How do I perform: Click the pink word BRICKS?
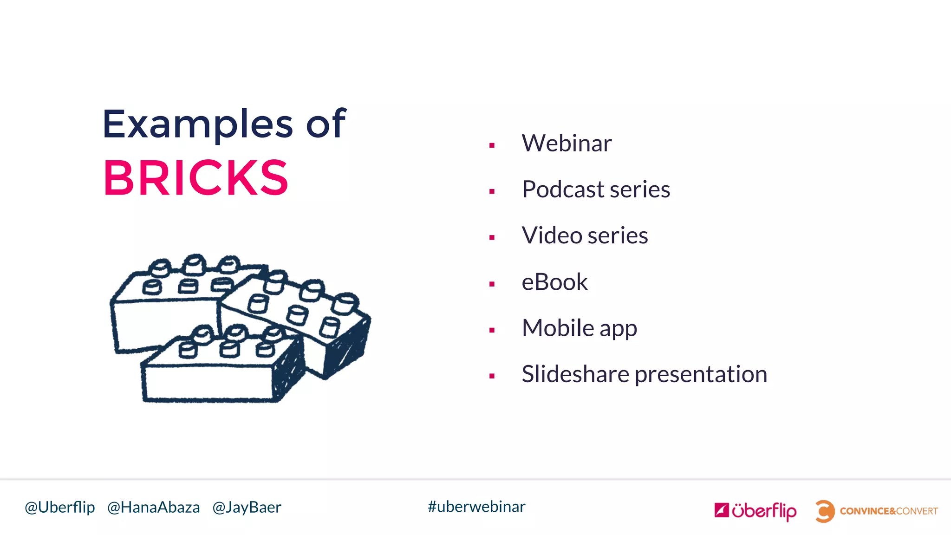tap(195, 178)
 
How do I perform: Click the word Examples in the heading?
tap(197, 124)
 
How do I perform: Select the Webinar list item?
tap(567, 143)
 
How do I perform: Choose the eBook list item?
tap(554, 282)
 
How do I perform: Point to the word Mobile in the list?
tap(558, 328)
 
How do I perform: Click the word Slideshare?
tap(575, 374)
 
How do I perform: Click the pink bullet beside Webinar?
tap(492, 145)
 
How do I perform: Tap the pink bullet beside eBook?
tap(492, 284)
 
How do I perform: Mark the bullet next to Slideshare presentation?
tap(492, 376)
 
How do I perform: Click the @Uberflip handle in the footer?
tap(59, 507)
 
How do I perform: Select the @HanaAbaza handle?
tap(153, 507)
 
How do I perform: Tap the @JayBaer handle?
tap(247, 507)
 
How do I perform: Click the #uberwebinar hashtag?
tap(476, 507)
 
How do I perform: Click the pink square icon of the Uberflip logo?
tap(721, 510)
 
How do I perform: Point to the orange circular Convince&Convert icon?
tap(825, 511)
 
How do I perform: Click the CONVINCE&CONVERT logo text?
tap(888, 511)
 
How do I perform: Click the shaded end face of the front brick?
tap(288, 372)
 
